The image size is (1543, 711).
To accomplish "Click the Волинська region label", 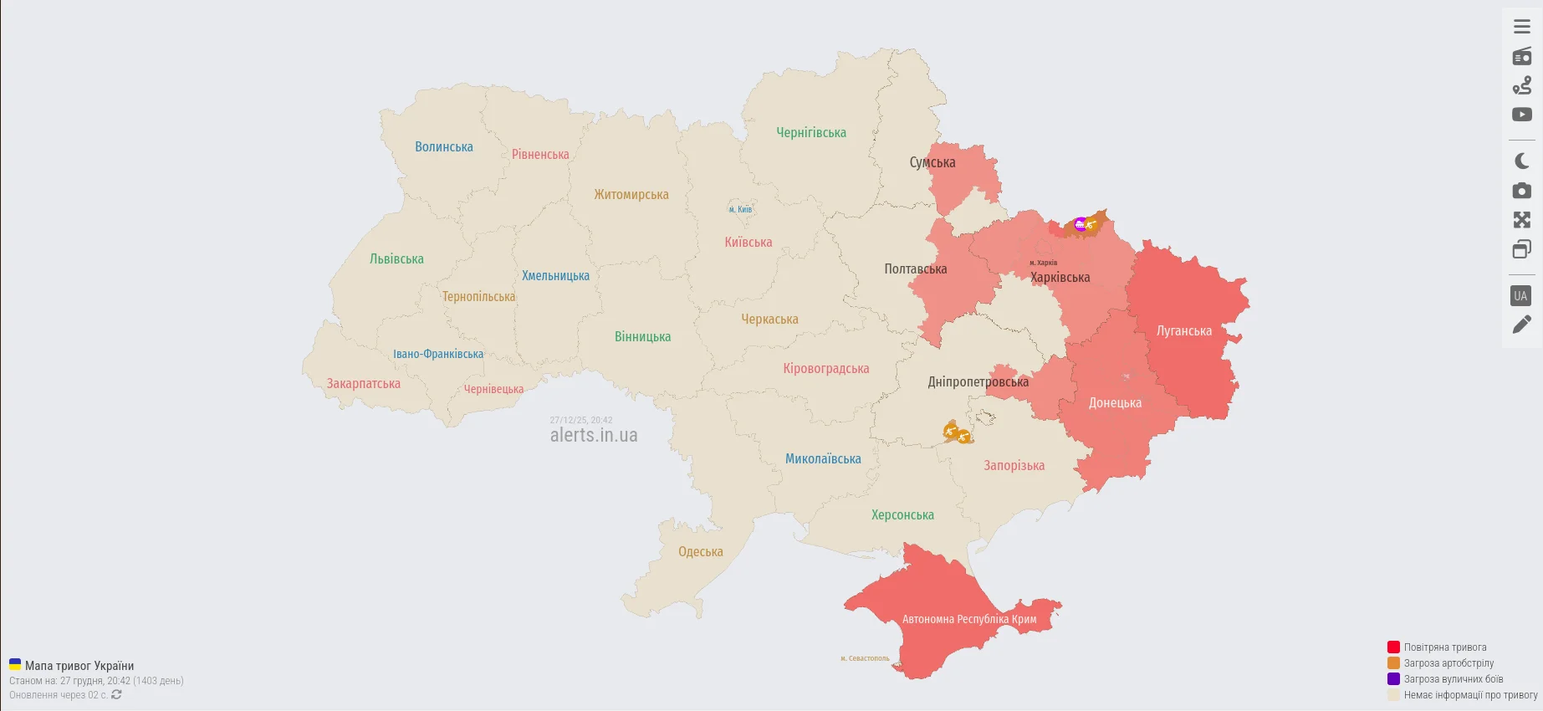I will click(x=444, y=147).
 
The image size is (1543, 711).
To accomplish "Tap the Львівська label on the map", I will click(x=396, y=259).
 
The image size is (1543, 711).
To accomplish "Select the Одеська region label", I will click(x=700, y=552).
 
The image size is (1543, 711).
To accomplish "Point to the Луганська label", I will click(x=1183, y=331).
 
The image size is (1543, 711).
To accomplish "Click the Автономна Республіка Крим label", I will click(x=968, y=620).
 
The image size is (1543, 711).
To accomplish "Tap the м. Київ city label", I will click(x=740, y=210).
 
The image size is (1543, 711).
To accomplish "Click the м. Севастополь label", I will click(x=865, y=658).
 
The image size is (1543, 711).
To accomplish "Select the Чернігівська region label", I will click(x=810, y=133).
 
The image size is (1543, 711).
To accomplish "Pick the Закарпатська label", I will click(x=363, y=384).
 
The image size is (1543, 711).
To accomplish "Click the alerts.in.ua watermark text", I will click(x=594, y=435).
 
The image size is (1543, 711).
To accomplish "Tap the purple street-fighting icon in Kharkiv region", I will click(x=1080, y=224).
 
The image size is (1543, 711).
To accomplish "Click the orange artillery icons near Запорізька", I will click(x=957, y=433).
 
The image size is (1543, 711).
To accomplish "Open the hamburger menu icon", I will click(x=1522, y=27).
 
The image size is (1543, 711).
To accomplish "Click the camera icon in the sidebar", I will click(x=1522, y=191).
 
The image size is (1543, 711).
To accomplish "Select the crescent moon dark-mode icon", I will click(x=1522, y=161).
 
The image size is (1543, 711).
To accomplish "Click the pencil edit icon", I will click(x=1522, y=325).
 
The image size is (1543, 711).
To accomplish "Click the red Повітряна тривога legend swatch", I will click(x=1393, y=647).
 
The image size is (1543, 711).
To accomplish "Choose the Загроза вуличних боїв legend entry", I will click(x=1453, y=679).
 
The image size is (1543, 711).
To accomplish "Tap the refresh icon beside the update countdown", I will click(x=116, y=694).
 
